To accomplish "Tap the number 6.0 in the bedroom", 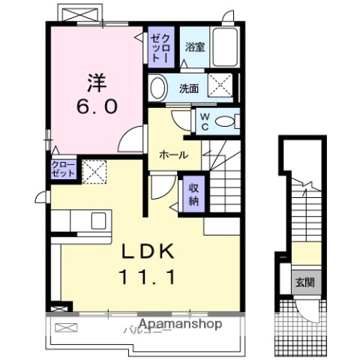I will [x=95, y=106].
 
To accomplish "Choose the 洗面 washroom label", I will [x=188, y=88].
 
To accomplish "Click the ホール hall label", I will [x=172, y=154].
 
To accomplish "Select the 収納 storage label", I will [x=193, y=194].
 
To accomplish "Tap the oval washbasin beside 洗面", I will [x=158, y=88].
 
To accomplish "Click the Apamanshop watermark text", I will [x=179, y=324].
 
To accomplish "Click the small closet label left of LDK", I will [x=63, y=169].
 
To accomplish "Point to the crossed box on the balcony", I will [x=66, y=328].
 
